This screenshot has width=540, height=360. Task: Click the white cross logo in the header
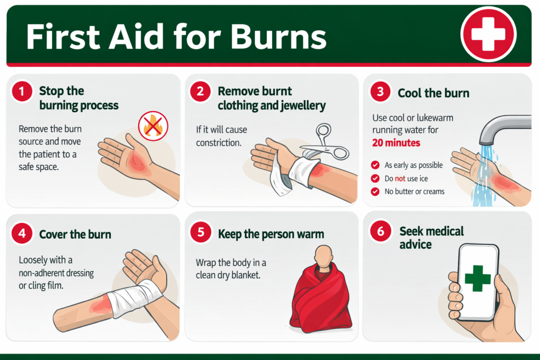coord(488,34)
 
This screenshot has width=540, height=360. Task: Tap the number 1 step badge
coord(22,92)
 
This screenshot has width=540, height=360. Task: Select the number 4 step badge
coord(22,234)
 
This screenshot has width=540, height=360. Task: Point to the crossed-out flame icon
coord(153,126)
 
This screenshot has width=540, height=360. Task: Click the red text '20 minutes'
coord(396,143)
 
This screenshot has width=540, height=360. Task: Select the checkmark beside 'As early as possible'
coord(375,165)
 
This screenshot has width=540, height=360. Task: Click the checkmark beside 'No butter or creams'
coord(375,191)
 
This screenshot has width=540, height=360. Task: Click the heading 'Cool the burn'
coord(433,93)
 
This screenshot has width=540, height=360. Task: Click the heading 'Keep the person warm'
coord(271,234)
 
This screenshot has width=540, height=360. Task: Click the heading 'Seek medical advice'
coord(431,238)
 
